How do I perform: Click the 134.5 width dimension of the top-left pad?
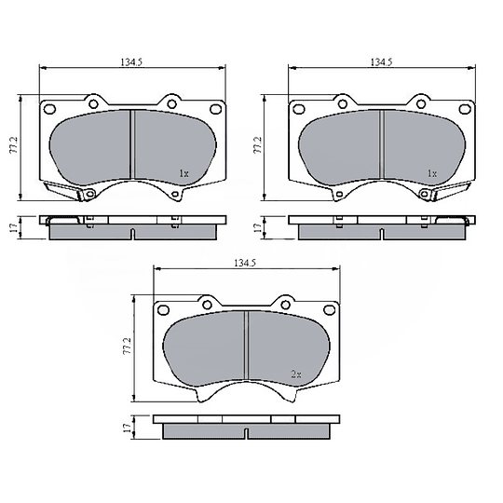click(x=131, y=61)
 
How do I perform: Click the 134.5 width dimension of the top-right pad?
click(x=381, y=61)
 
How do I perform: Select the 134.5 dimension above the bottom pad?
click(x=245, y=263)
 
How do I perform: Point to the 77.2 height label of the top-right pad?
click(x=258, y=145)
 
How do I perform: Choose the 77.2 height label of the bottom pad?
click(x=128, y=346)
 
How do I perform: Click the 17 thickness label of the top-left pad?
click(x=13, y=228)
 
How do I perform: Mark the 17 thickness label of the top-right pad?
click(x=257, y=228)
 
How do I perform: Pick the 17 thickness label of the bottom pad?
click(x=127, y=427)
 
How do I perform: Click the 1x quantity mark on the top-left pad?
click(x=184, y=173)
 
